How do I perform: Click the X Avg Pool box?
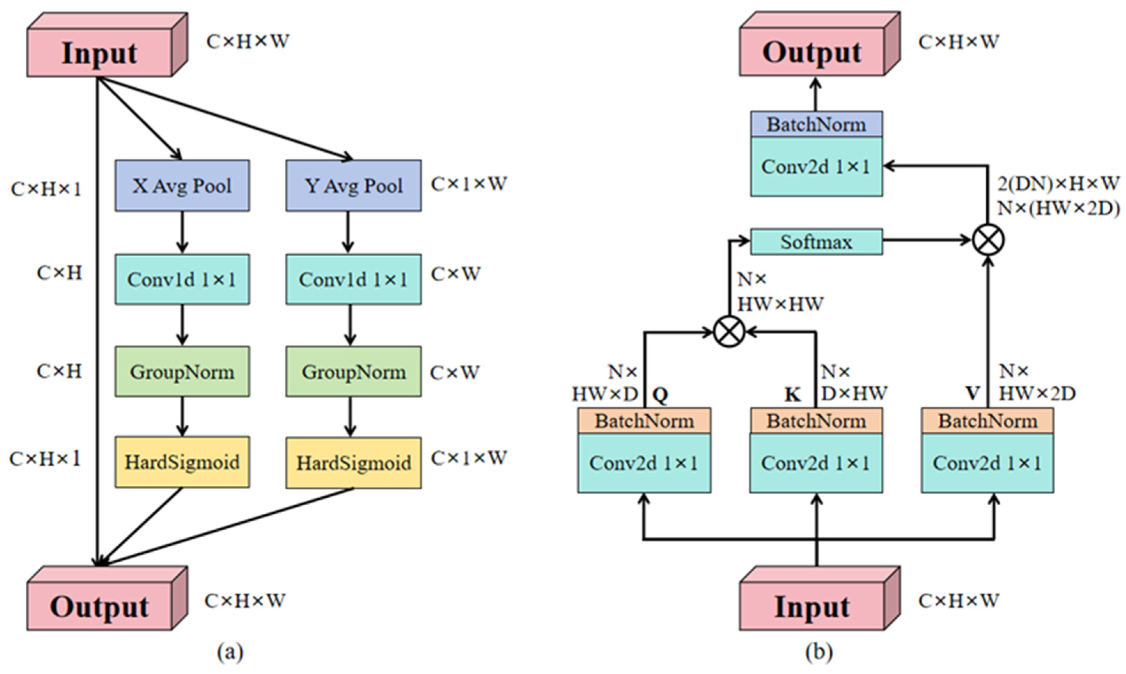pyautogui.click(x=182, y=185)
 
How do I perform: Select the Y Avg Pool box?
pyautogui.click(x=353, y=185)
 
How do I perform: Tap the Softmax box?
pyautogui.click(x=816, y=242)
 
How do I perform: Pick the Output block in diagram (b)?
pyautogui.click(x=812, y=52)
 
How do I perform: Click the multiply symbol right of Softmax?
pyautogui.click(x=988, y=240)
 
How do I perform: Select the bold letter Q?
pyautogui.click(x=660, y=395)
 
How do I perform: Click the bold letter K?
pyautogui.click(x=792, y=395)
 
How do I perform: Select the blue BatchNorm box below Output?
pyautogui.click(x=816, y=125)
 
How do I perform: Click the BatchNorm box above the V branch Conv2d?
pyautogui.click(x=987, y=421)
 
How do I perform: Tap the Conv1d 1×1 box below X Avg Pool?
pyautogui.click(x=182, y=279)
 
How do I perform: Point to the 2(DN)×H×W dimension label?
pyautogui.click(x=1058, y=184)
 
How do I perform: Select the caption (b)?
pyautogui.click(x=819, y=653)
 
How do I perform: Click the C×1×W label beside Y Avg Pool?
pyautogui.click(x=468, y=184)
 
